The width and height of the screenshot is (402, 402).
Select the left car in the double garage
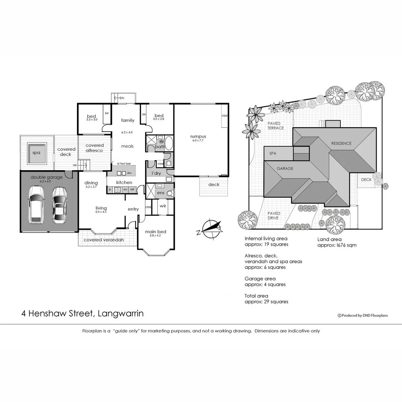[x=36, y=204]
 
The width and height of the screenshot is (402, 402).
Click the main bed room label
[x=156, y=232]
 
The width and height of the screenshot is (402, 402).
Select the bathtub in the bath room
[x=168, y=143]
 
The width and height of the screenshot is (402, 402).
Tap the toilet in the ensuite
[x=170, y=193]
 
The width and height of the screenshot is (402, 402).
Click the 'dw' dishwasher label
[x=129, y=173]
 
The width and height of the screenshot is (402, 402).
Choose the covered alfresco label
[x=95, y=148]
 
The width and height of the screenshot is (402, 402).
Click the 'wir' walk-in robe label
[x=163, y=205]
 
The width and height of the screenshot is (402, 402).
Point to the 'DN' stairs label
[x=122, y=98]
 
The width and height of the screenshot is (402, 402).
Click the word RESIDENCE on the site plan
[x=341, y=143]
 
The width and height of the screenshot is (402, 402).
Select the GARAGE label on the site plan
[x=285, y=168]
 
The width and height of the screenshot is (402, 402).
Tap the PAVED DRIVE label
[x=274, y=216]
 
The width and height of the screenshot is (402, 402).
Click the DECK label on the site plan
[x=366, y=180]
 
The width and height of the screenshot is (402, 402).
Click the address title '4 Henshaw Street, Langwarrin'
[x=82, y=313]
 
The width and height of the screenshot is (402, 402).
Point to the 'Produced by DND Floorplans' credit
[x=363, y=315]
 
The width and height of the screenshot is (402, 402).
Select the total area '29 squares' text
[x=266, y=301]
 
